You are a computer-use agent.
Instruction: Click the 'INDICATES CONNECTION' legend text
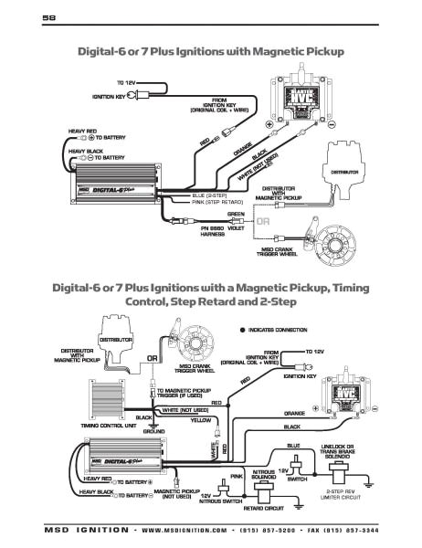click(280, 329)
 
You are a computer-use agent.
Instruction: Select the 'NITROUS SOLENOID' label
click(264, 474)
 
